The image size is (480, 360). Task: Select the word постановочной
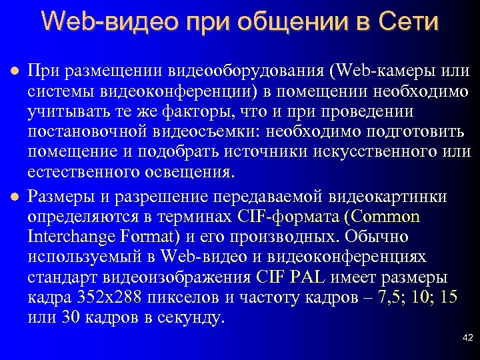pyautogui.click(x=79, y=131)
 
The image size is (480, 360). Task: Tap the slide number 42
pyautogui.click(x=467, y=339)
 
